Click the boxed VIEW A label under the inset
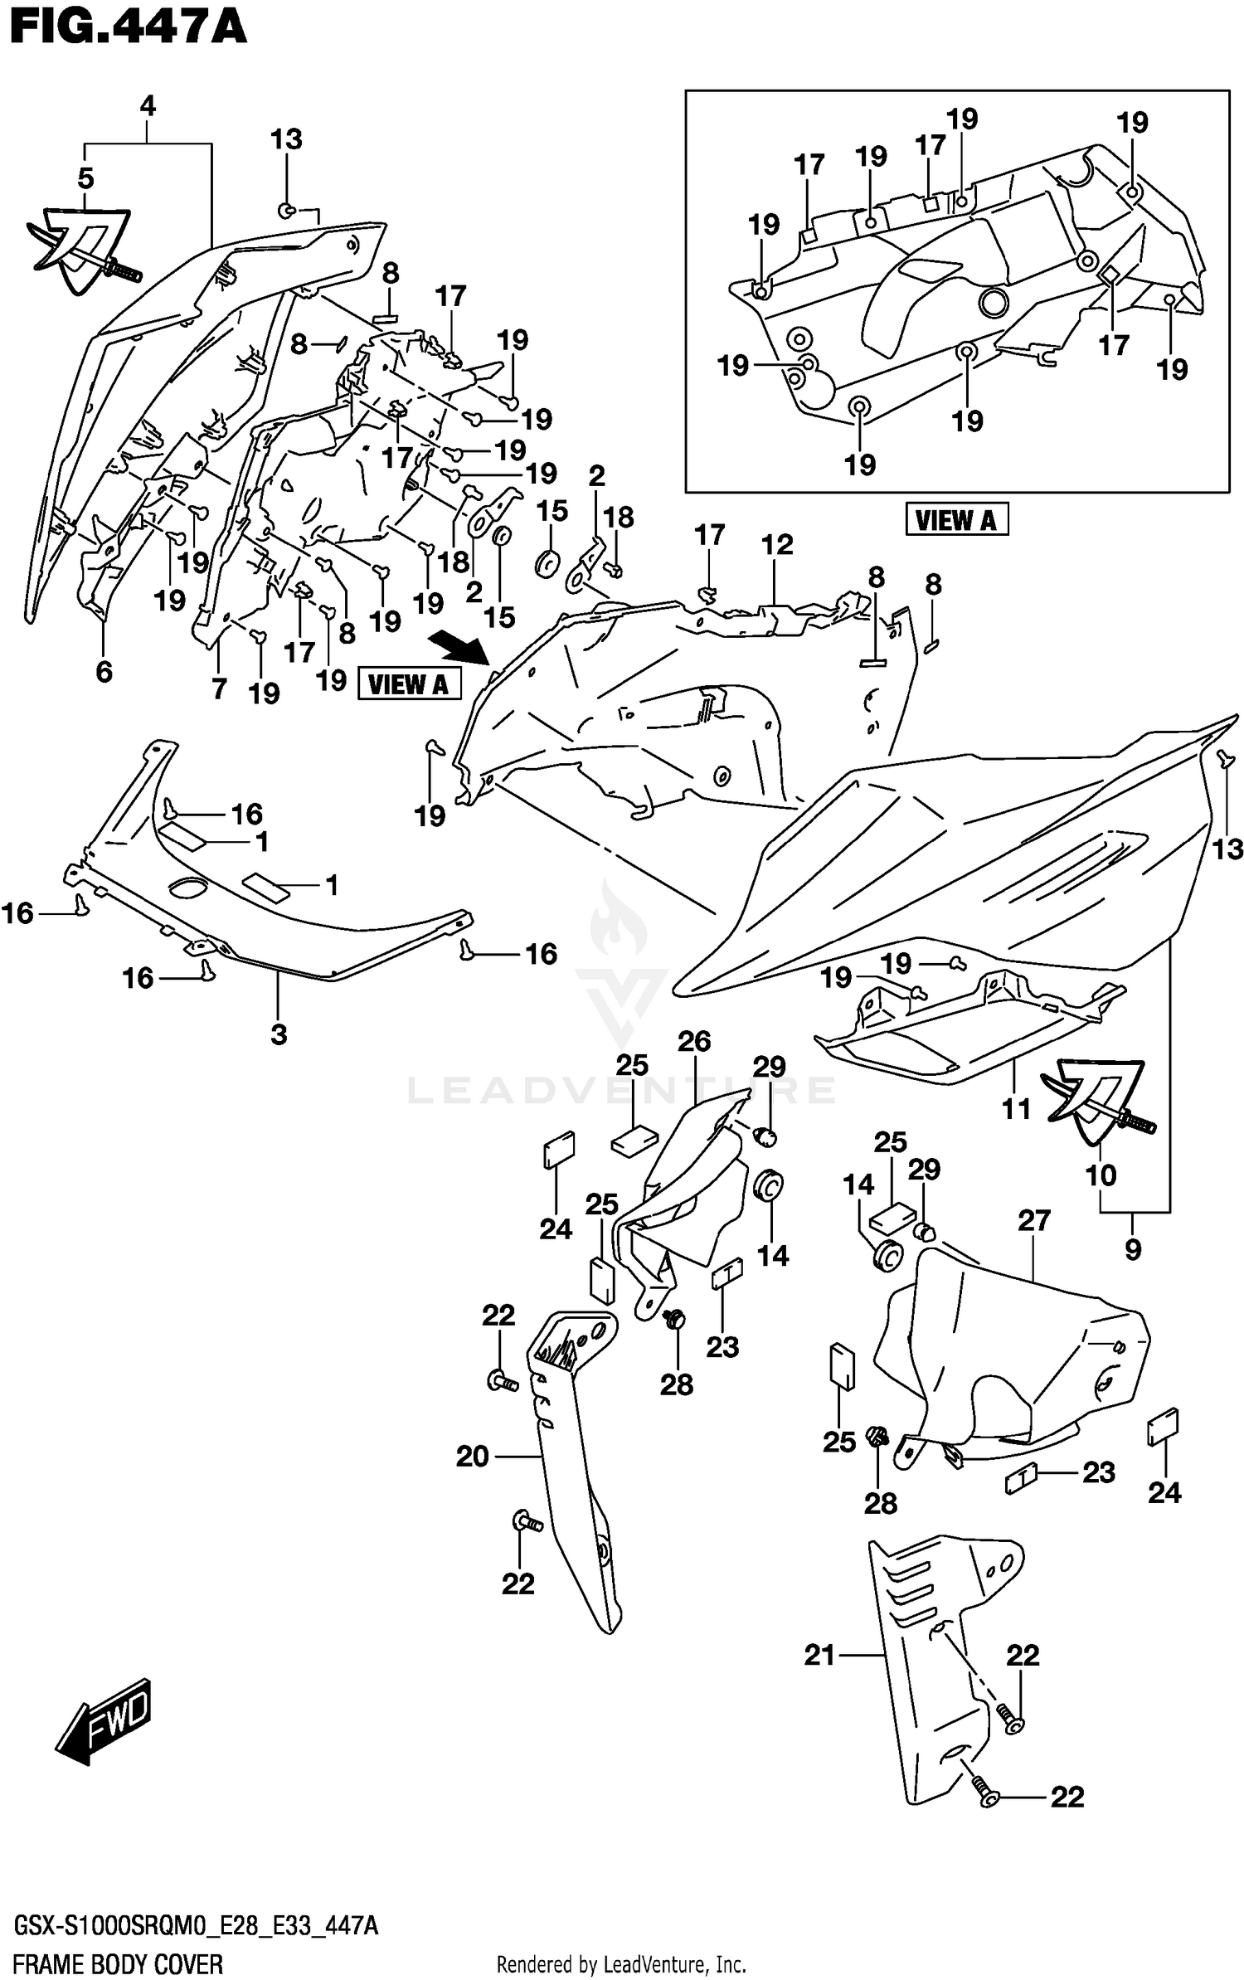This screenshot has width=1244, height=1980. [x=955, y=520]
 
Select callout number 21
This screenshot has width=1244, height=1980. [x=819, y=1655]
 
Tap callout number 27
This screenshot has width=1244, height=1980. [x=1034, y=1220]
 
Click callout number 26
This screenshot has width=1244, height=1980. [x=694, y=1042]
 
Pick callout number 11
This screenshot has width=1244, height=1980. [x=1016, y=1108]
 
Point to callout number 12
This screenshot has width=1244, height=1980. [x=777, y=545]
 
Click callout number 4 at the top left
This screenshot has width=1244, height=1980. [x=148, y=106]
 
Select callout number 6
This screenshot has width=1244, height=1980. [x=104, y=671]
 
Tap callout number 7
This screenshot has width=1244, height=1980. [x=218, y=688]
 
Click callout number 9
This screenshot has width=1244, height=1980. [x=1133, y=1249]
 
